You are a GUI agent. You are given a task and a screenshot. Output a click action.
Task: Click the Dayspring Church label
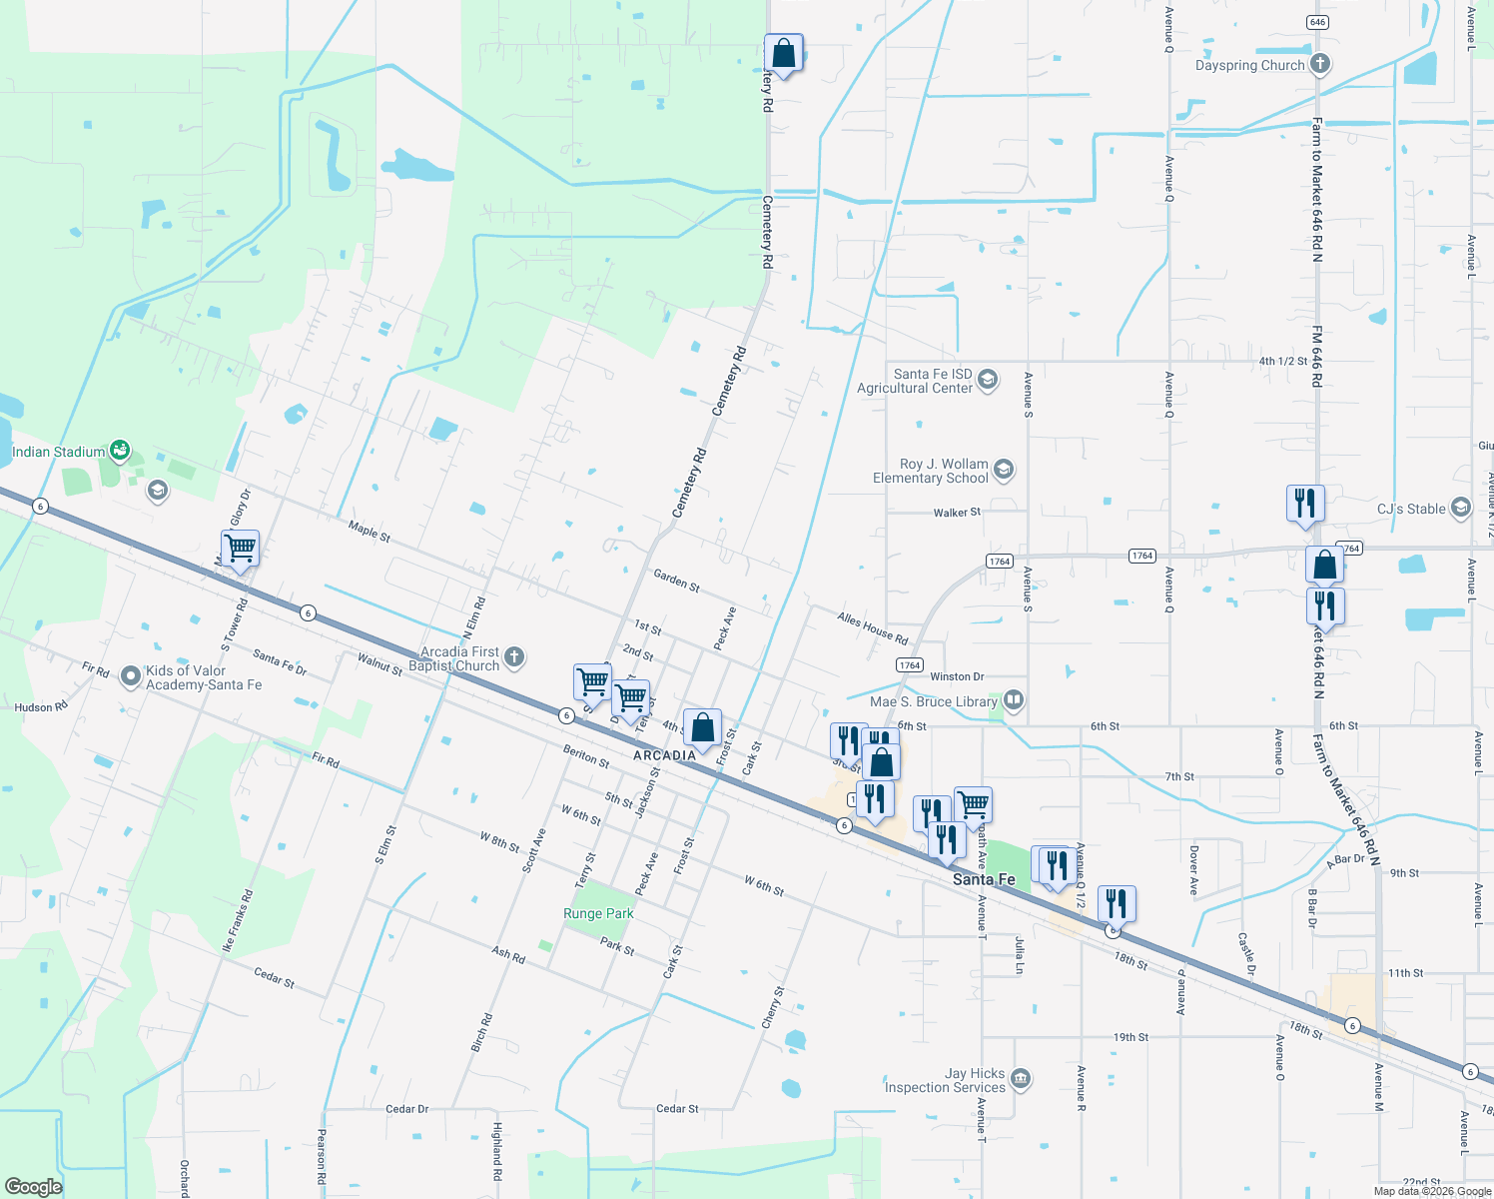(1249, 66)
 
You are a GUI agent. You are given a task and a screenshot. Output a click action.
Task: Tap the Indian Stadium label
(58, 453)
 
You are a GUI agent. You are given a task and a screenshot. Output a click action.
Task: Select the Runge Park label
(598, 913)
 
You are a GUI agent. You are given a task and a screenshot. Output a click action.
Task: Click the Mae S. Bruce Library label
(933, 701)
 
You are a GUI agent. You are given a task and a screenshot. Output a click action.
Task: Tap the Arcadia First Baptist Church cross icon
(514, 656)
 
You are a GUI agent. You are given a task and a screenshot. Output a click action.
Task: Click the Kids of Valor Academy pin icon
(130, 676)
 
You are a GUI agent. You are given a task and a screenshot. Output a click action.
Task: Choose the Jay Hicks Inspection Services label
(945, 1080)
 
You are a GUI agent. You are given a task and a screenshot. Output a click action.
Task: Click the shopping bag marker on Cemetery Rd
(784, 53)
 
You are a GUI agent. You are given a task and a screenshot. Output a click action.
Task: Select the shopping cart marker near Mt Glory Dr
(240, 549)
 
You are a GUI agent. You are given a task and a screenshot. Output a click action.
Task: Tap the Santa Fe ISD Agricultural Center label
(915, 381)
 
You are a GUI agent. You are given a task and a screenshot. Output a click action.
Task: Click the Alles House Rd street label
(873, 629)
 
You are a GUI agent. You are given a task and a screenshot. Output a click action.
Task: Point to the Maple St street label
(370, 531)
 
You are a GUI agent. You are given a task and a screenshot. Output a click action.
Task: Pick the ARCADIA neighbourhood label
(664, 755)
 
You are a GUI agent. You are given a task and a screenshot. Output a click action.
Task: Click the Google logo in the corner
(34, 1186)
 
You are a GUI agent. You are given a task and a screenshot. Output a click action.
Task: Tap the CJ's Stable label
(1411, 509)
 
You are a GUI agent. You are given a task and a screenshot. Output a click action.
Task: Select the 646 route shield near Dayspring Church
(1317, 22)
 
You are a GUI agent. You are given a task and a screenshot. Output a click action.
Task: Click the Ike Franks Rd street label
(237, 920)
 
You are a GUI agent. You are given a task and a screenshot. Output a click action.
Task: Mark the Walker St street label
(957, 513)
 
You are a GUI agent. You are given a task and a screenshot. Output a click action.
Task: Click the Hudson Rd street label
(41, 707)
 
